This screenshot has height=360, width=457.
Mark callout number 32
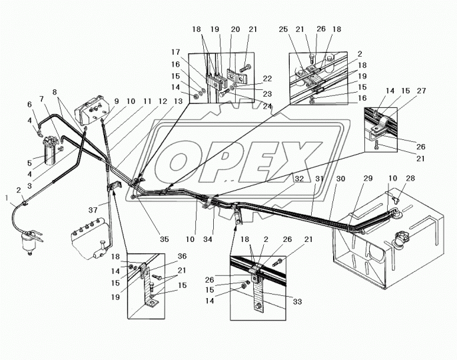(299, 179)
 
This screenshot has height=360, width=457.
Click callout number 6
(29, 105)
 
